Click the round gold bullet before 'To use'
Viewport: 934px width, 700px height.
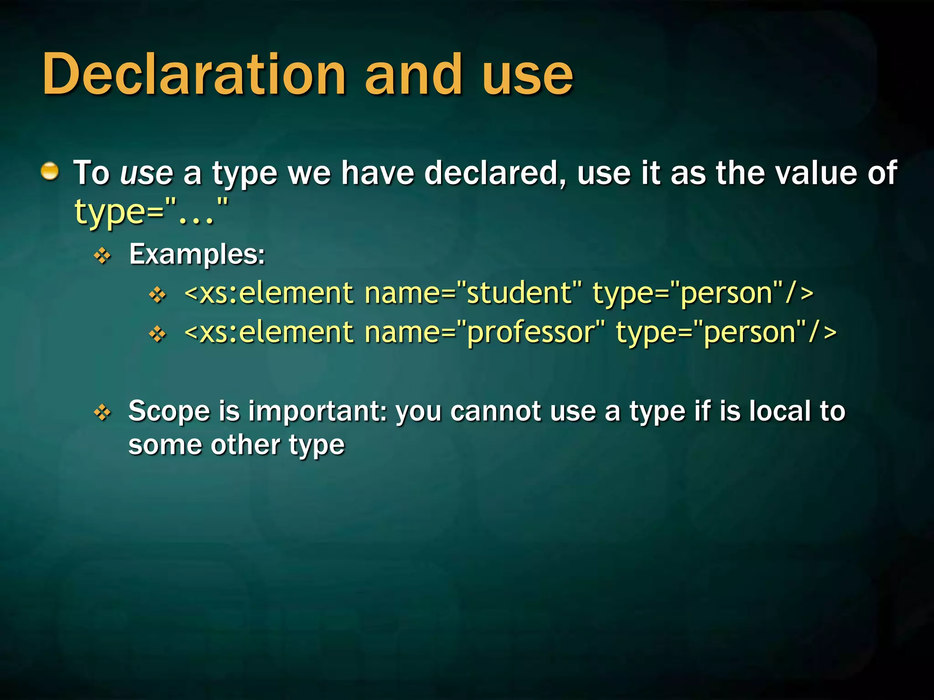(x=50, y=172)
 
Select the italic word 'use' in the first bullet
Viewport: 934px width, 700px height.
(x=146, y=174)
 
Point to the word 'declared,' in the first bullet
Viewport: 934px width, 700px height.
(x=495, y=174)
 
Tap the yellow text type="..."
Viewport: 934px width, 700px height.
(x=151, y=211)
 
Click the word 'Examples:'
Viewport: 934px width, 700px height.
(x=197, y=254)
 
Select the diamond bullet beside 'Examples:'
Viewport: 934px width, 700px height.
(x=103, y=256)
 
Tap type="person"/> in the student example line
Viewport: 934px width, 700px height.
(x=703, y=293)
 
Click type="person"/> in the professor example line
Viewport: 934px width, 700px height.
(x=726, y=332)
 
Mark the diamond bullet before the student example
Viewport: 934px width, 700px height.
(x=158, y=294)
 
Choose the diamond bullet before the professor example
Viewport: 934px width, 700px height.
(x=158, y=334)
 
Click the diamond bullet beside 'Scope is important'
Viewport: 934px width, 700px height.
(x=103, y=412)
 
